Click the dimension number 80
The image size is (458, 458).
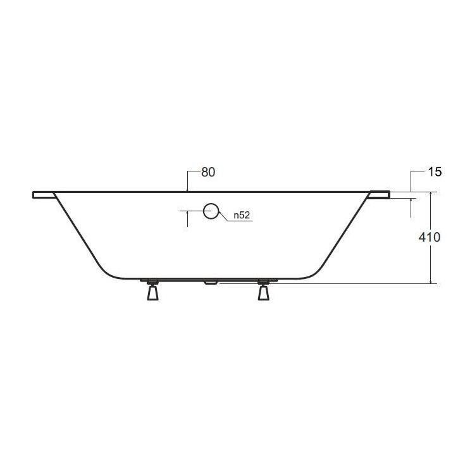click(208, 172)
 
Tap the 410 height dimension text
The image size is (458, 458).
click(429, 237)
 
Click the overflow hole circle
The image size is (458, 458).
click(211, 211)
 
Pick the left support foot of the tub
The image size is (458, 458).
click(152, 292)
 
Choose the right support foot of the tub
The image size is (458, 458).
click(263, 292)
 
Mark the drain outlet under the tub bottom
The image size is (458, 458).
click(209, 282)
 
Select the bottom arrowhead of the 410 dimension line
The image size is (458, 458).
click(430, 281)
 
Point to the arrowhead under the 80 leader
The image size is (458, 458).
click(188, 189)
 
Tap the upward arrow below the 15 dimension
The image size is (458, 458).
click(411, 201)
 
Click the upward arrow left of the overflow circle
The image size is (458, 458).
click(188, 214)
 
